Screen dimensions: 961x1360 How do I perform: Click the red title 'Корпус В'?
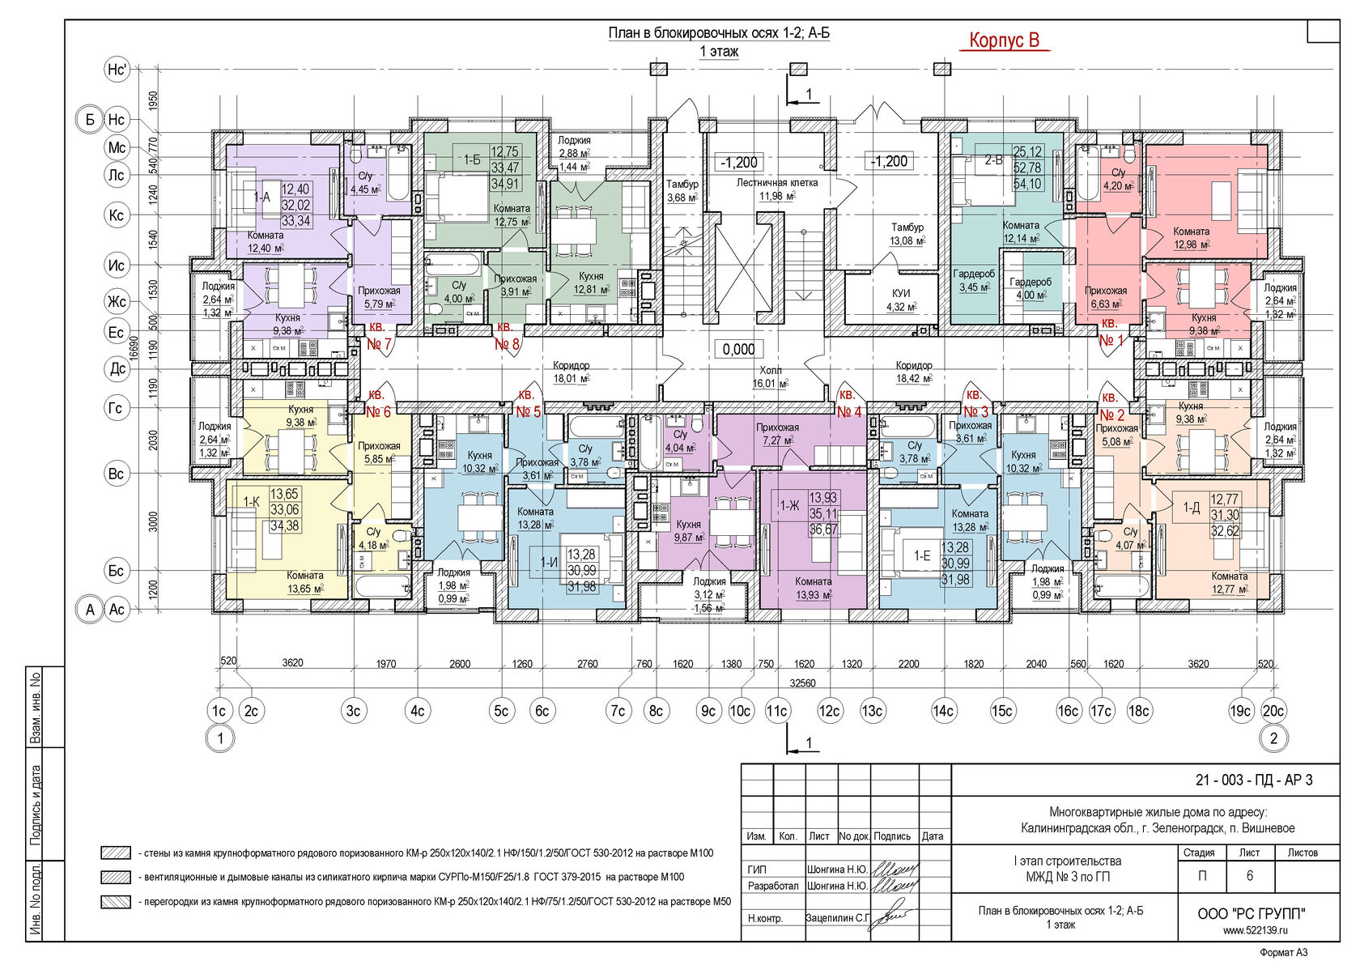click(x=1004, y=40)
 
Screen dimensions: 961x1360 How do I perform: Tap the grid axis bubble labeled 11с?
click(x=777, y=711)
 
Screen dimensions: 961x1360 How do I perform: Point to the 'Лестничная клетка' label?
click(x=776, y=183)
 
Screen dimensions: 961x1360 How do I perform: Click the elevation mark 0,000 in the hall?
click(x=738, y=349)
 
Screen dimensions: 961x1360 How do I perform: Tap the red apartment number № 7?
click(x=379, y=344)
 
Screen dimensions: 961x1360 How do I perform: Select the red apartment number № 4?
click(x=849, y=412)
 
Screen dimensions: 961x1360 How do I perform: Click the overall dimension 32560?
click(x=802, y=683)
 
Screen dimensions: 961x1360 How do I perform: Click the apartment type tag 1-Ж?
click(x=789, y=506)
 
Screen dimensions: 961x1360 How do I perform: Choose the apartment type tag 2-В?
click(x=993, y=160)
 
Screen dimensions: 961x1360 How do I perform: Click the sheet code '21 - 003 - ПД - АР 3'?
click(x=1254, y=780)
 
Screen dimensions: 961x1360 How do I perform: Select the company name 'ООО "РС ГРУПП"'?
click(x=1251, y=914)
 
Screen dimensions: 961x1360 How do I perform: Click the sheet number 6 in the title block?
click(x=1250, y=876)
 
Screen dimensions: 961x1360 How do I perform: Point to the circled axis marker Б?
click(x=90, y=120)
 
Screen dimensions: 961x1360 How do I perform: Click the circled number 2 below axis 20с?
click(x=1273, y=738)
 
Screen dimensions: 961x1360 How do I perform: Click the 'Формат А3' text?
click(x=1283, y=952)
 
